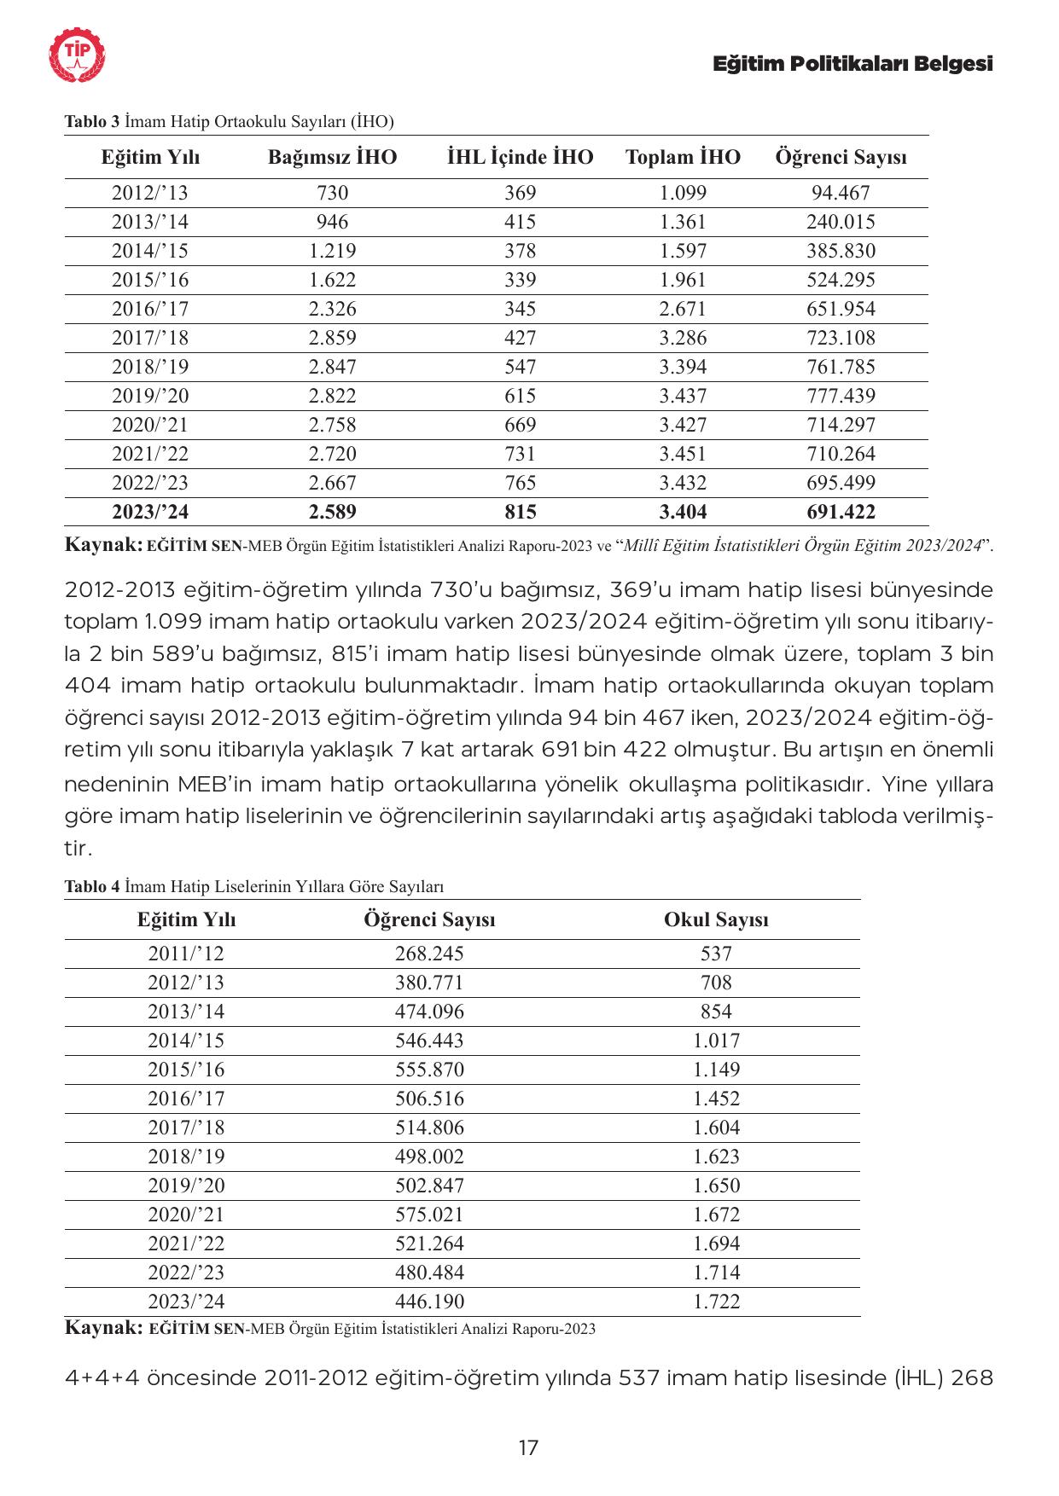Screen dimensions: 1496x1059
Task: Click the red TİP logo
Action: (78, 56)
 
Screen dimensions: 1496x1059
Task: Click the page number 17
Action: (528, 1447)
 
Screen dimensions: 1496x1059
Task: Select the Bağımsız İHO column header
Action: (332, 158)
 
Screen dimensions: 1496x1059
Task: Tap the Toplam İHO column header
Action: (683, 158)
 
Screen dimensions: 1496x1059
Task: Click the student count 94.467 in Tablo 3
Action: (841, 194)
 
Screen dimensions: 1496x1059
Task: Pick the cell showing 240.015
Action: (841, 223)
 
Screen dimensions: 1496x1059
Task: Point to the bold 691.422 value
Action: (841, 513)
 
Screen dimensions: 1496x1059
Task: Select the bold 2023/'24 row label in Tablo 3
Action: (150, 513)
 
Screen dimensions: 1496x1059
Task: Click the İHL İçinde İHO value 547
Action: (520, 368)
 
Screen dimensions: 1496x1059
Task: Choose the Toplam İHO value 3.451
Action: (683, 455)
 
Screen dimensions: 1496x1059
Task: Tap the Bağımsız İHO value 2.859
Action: (332, 339)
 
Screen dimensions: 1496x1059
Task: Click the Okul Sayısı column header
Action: (716, 920)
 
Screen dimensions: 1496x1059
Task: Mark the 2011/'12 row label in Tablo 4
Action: (186, 954)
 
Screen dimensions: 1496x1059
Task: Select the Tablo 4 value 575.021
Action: (429, 1215)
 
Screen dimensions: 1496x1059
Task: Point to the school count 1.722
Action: (716, 1302)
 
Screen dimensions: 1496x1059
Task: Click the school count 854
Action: (716, 1012)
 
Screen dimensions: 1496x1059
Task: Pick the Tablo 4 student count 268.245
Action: (429, 954)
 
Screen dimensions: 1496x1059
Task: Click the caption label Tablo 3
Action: (92, 122)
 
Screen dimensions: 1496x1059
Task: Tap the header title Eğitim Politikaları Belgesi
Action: (852, 64)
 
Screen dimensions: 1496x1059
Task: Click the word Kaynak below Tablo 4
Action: (103, 1328)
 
